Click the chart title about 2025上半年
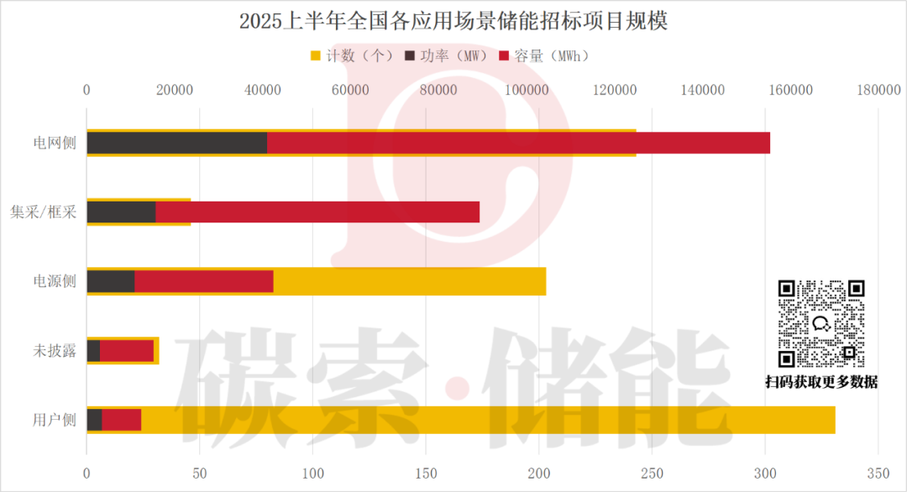[453, 21]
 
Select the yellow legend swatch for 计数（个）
[316, 56]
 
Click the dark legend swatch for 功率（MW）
[410, 56]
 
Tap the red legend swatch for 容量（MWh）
[505, 56]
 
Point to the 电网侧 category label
[55, 143]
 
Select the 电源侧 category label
[55, 281]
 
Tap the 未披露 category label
[55, 351]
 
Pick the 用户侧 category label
[55, 420]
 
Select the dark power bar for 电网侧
[176, 143]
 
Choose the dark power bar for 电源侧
[110, 281]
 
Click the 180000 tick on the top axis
[878, 90]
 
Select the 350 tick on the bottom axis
[878, 473]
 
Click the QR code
[821, 323]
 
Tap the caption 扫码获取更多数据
[821, 382]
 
